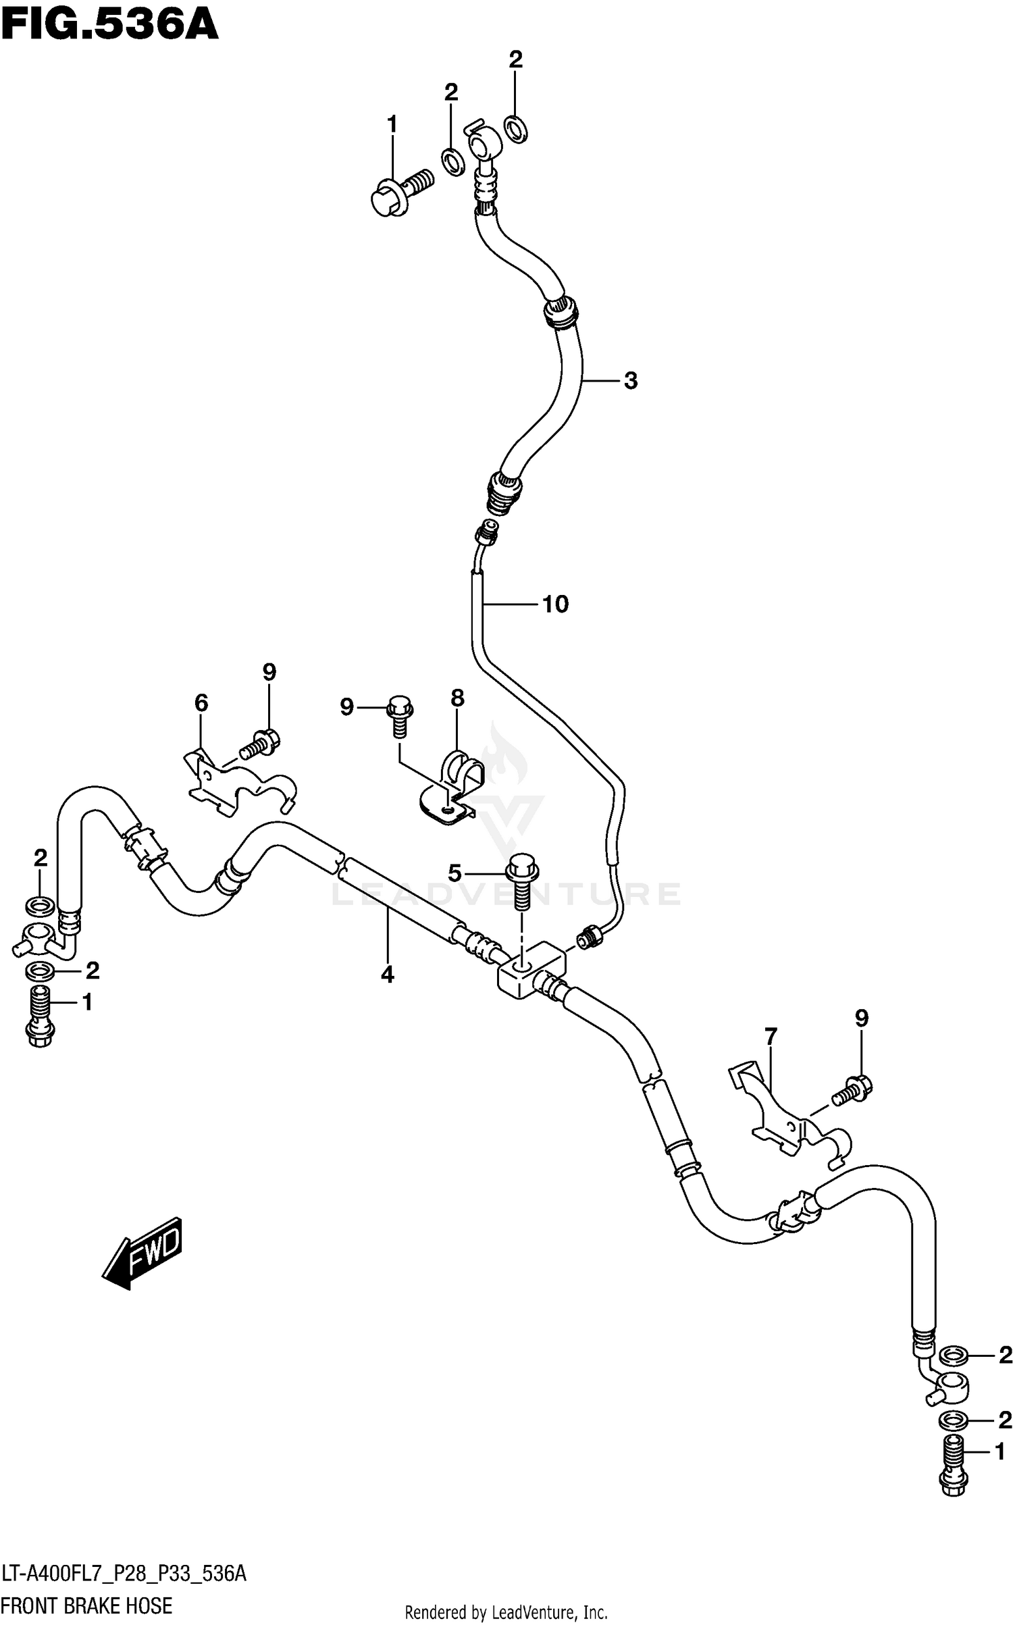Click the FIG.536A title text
109,26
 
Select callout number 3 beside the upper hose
630,381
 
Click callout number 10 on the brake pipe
555,604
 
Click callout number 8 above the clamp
457,698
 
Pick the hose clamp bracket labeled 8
452,790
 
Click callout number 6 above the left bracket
201,703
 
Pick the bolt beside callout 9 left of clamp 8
399,717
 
